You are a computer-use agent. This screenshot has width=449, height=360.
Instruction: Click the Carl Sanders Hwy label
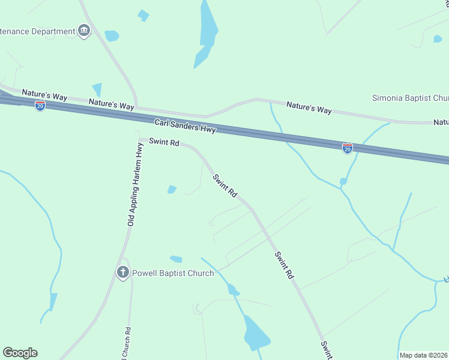coord(185,125)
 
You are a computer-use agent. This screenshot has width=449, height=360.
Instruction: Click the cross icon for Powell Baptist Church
coord(122,273)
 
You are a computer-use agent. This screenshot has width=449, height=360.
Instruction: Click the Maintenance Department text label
coord(36,31)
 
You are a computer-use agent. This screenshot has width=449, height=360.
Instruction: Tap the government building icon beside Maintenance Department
coord(83,31)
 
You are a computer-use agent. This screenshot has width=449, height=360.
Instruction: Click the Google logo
coord(20,353)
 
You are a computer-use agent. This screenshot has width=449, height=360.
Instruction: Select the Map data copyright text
coord(423,355)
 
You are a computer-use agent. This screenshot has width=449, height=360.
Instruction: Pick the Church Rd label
coord(127,344)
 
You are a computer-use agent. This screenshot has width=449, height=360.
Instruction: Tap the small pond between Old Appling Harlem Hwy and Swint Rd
coord(172,190)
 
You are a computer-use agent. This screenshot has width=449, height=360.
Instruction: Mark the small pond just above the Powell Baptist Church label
coord(176,259)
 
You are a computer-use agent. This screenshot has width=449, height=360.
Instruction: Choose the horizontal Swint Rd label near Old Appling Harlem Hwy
coord(164,143)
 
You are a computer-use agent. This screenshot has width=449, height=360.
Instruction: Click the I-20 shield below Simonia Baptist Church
coord(347,148)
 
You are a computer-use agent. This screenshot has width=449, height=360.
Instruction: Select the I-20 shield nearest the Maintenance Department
coord(40,106)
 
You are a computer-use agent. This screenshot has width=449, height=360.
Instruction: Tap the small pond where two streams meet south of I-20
coord(343,181)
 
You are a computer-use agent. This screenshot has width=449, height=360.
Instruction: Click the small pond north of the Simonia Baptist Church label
coord(438,39)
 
